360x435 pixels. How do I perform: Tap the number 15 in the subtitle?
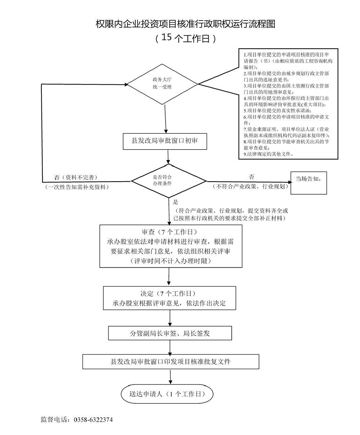[x=168, y=37]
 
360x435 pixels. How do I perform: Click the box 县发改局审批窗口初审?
[x=165, y=141]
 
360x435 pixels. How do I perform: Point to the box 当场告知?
[x=308, y=179]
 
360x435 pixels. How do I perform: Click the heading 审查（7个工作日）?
[x=169, y=231]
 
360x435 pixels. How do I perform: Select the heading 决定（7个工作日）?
[x=169, y=293]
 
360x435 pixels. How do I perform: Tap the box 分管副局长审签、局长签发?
[x=170, y=333]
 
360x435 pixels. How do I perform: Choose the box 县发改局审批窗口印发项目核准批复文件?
[x=171, y=361]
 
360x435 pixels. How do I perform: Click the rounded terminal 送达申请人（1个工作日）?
[x=167, y=394]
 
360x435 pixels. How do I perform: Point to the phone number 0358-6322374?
[x=93, y=420]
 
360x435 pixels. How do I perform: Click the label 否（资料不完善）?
[x=76, y=177]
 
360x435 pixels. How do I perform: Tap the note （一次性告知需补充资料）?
[x=76, y=187]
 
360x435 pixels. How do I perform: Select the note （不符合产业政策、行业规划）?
[x=251, y=186]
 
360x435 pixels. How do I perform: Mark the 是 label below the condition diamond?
[x=176, y=202]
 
